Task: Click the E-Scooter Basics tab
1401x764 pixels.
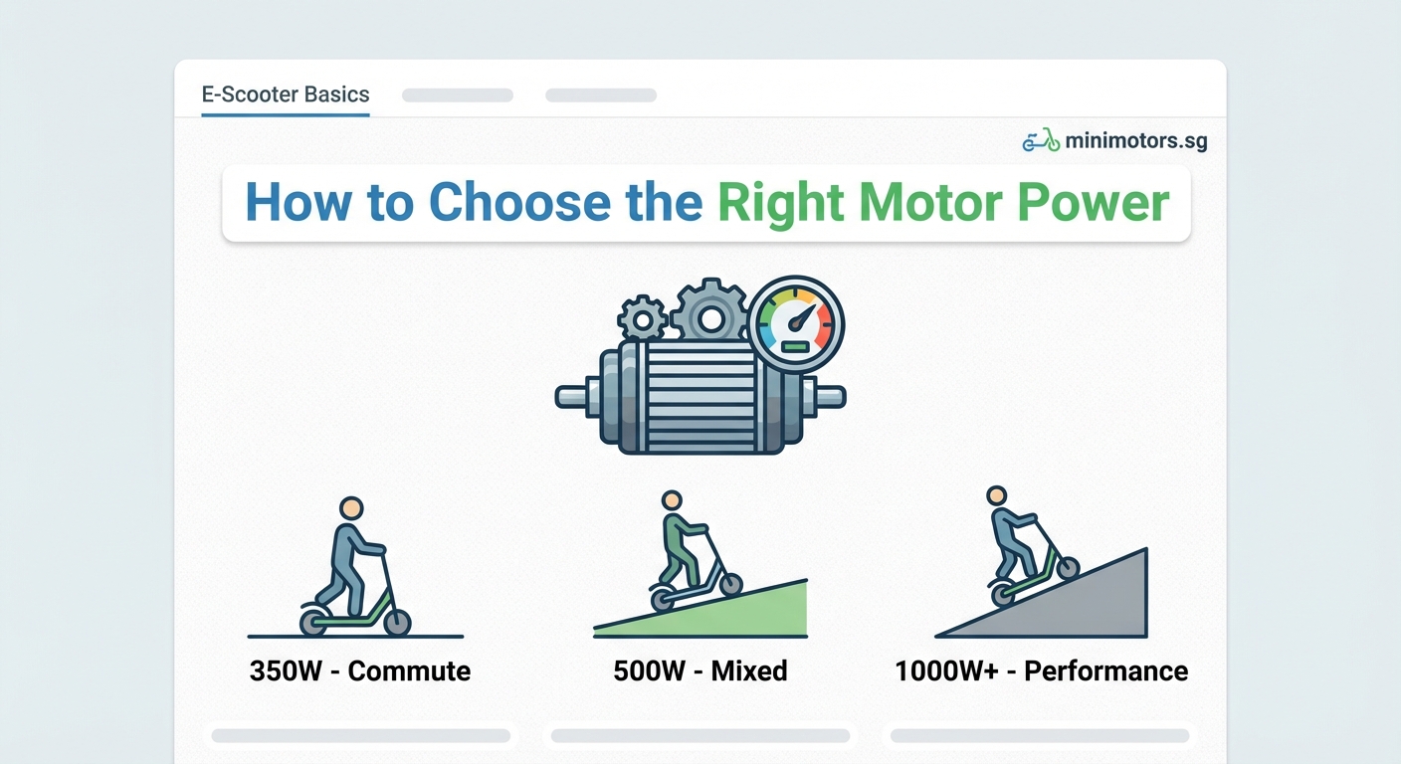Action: pos(286,95)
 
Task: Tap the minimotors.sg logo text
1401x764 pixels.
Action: pos(1135,141)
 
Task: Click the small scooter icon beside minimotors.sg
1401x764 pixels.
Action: pos(1041,141)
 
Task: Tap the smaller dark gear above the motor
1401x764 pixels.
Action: pos(642,319)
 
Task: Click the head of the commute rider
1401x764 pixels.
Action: pos(350,508)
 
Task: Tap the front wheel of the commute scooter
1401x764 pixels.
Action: pos(397,623)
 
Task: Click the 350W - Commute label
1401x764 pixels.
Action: pos(360,670)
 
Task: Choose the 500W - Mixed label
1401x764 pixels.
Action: pos(700,670)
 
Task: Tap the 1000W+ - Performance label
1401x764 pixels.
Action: pos(1041,670)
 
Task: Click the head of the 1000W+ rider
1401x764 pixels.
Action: pos(997,495)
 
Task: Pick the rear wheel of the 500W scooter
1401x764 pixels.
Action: pos(662,600)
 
